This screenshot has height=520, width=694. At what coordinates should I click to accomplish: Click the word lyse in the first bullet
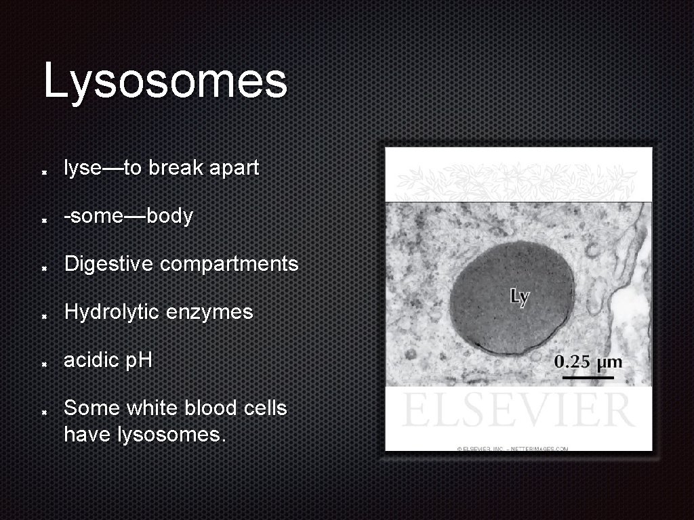tap(82, 169)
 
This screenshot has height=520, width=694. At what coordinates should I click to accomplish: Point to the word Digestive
tap(109, 264)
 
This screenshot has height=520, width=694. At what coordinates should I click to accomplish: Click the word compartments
tap(229, 264)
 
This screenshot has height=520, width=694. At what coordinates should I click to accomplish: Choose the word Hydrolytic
tap(112, 313)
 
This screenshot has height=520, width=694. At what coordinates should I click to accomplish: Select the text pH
tap(139, 361)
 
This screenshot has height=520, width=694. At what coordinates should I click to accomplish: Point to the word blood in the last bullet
tap(203, 408)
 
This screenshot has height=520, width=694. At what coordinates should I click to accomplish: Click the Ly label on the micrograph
tap(519, 297)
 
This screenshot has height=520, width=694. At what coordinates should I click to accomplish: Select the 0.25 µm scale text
tap(588, 362)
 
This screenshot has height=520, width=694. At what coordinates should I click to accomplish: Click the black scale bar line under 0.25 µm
tap(588, 376)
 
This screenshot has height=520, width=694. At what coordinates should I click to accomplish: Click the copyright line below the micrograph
tap(512, 448)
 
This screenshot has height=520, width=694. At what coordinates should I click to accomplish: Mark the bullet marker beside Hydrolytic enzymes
tap(43, 316)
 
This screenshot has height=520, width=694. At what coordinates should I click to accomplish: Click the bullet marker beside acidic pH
tap(43, 364)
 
